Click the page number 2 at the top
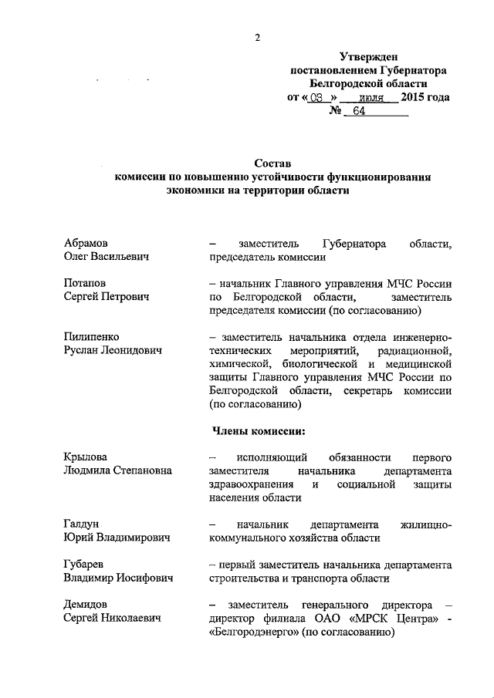point(259,38)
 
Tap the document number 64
point(358,111)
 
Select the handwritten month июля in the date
point(372,98)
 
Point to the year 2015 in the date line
point(415,97)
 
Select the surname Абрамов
point(86,243)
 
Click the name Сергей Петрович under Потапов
point(107,297)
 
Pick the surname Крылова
point(86,457)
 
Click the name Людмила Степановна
point(118,470)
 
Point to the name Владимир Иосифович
point(118,578)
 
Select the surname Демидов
point(86,605)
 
